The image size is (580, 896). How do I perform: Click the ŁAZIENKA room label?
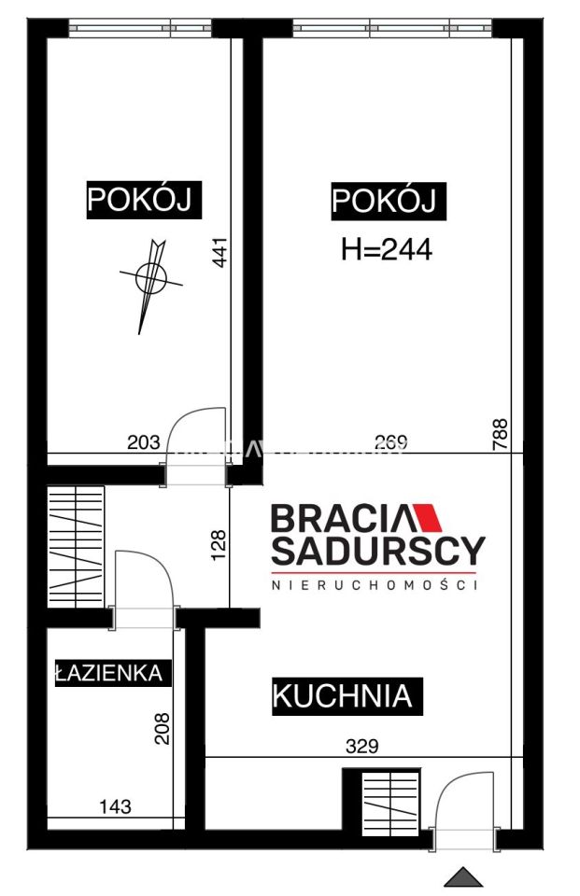tap(112, 673)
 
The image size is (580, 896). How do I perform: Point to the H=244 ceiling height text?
tap(387, 249)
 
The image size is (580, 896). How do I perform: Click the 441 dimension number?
tap(220, 252)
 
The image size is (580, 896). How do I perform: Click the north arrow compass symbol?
tap(149, 278)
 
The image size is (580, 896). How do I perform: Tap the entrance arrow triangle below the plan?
tap(463, 877)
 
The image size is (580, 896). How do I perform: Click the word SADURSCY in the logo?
tap(377, 550)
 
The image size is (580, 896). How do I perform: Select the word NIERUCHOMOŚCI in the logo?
tap(375, 585)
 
